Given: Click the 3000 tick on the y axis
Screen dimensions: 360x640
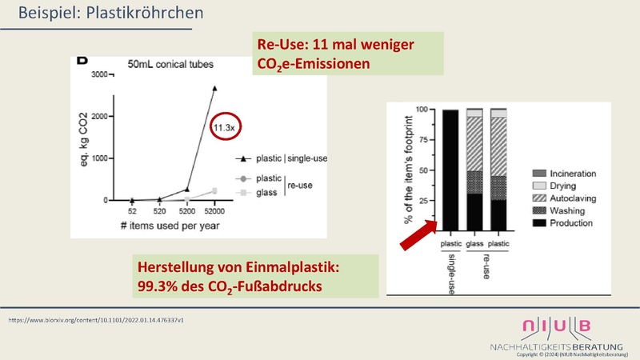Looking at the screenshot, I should click(x=98, y=74).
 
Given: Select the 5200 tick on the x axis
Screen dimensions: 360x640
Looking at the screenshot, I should click(x=186, y=212).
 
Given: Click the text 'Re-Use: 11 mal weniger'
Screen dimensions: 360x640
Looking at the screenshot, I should click(x=334, y=45).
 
